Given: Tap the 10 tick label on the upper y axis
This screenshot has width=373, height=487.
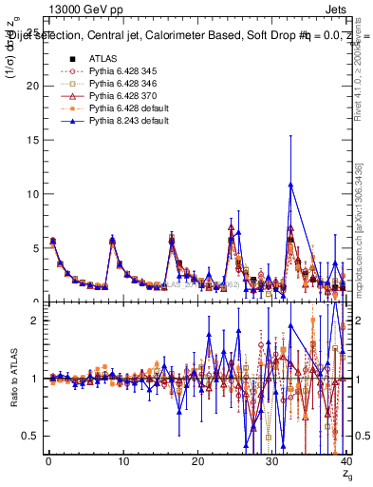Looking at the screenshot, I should pyautogui.click(x=30, y=194).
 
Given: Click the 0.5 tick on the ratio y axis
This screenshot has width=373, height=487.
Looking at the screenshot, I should pyautogui.click(x=28, y=436).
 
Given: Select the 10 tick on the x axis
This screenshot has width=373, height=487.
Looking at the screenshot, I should pyautogui.click(x=122, y=461).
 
